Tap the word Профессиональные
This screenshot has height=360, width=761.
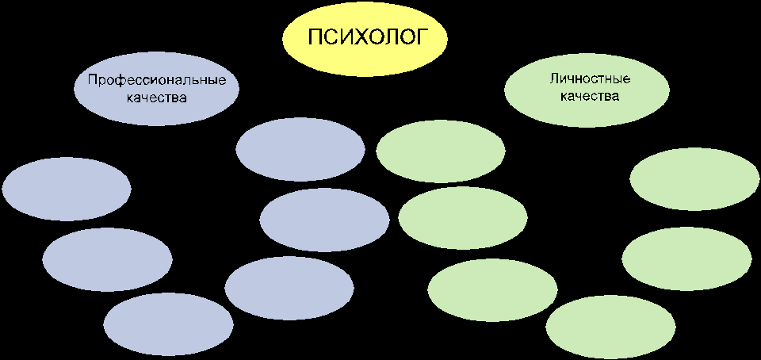[x=157, y=80]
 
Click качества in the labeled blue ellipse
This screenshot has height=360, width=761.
[x=157, y=98]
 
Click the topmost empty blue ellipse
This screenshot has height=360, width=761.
[x=300, y=149]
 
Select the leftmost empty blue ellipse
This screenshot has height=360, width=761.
[x=67, y=188]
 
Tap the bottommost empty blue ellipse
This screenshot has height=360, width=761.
[x=168, y=324]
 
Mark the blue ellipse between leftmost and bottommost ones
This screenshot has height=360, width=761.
[x=108, y=259]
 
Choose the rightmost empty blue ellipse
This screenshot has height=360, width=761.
[x=324, y=218]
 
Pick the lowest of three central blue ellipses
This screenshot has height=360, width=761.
[x=289, y=288]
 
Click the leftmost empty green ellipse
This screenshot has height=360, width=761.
[x=441, y=151]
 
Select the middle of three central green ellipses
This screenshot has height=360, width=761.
[x=463, y=218]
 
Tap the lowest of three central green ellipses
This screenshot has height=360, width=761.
[x=492, y=290]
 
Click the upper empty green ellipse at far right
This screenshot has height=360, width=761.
[x=695, y=180]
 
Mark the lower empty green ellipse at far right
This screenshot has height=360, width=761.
[x=687, y=259]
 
